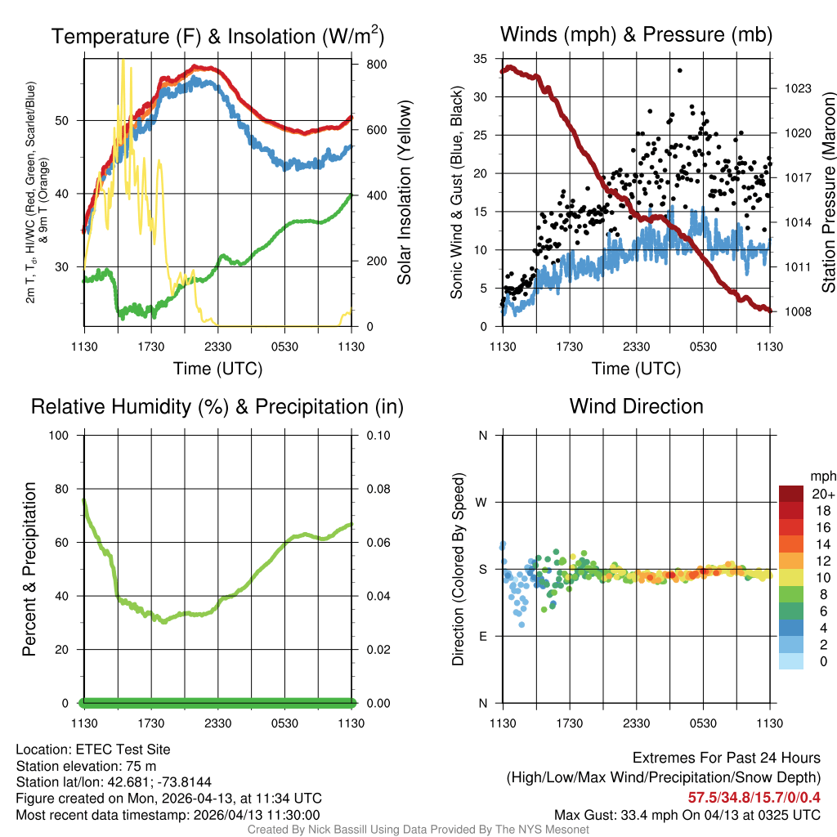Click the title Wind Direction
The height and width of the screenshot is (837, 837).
point(636,406)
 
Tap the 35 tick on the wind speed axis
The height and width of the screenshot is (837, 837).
point(481,59)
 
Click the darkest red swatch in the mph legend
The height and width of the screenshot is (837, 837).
point(791,494)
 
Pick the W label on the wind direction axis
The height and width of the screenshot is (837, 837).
point(482,502)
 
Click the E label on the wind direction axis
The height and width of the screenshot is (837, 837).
point(482,636)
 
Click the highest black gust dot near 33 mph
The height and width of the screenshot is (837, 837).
point(679,70)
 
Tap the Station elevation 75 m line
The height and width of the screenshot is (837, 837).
point(86,766)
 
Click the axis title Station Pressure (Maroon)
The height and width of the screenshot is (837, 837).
point(827,193)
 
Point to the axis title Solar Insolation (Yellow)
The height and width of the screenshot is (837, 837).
point(404,193)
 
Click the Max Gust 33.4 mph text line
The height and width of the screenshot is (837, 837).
point(687,815)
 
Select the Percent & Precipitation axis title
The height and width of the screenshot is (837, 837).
point(29,569)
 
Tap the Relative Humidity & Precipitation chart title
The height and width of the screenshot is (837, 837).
point(217,406)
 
